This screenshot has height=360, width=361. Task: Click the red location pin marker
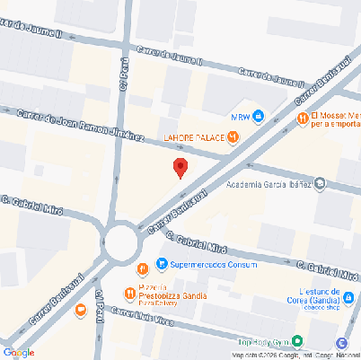coord(180,168)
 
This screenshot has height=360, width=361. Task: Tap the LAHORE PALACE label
coord(193,136)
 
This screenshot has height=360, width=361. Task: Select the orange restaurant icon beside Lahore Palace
coord(233,136)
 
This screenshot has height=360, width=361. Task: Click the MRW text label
coord(240,116)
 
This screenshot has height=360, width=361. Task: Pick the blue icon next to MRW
coord(259,116)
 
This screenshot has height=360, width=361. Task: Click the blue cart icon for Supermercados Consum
coord(162,264)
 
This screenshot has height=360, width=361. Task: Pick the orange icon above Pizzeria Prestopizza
coord(143,269)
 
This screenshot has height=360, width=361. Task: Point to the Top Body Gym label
coord(264,342)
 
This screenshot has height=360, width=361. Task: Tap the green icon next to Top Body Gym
coord(298,341)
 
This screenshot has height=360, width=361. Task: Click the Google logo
coord(19,352)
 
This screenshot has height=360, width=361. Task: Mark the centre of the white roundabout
coord(120,241)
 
